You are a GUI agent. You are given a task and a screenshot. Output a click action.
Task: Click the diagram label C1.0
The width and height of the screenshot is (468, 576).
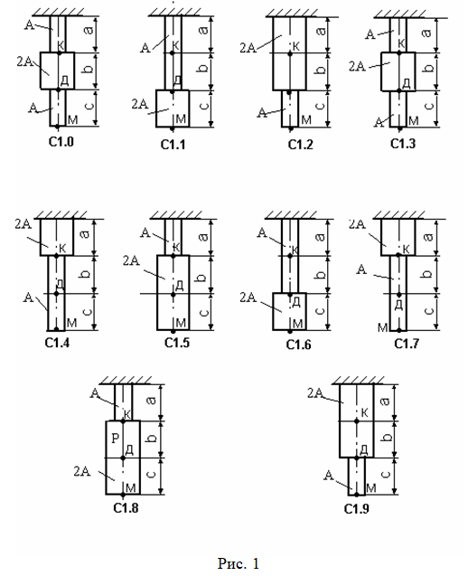tap(61, 141)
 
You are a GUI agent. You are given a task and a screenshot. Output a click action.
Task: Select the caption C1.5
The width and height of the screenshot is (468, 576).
tap(177, 343)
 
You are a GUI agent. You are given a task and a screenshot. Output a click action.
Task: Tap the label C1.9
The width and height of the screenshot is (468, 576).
tap(356, 509)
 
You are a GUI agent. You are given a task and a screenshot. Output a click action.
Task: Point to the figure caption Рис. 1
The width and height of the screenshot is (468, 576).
tap(239, 563)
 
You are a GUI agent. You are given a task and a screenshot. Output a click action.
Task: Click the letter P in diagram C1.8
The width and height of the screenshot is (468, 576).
tap(116, 438)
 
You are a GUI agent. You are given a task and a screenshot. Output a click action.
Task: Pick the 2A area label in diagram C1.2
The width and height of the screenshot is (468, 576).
tap(248, 48)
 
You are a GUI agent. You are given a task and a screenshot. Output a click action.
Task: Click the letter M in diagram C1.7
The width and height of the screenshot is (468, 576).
tap(382, 327)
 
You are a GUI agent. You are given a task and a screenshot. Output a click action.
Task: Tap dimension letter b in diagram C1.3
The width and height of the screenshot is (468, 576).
tap(428, 68)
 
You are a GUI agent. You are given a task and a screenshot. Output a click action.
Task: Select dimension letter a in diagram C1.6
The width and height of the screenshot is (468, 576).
tap(320, 237)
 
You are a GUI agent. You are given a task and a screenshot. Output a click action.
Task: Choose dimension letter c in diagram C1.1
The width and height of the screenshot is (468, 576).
tap(204, 106)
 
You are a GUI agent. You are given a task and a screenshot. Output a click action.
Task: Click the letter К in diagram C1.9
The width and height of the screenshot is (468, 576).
tap(364, 412)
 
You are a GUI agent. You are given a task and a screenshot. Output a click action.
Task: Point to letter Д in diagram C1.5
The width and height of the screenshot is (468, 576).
tap(180, 285)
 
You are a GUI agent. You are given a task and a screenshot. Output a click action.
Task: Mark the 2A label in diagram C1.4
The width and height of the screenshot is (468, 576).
tap(23, 223)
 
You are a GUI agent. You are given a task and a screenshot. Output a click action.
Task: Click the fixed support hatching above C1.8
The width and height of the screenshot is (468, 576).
tap(126, 380)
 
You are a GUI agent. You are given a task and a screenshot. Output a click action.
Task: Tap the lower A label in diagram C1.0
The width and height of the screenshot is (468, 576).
tap(33, 108)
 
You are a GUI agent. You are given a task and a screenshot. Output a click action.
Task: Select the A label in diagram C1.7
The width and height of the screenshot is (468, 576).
tap(361, 269)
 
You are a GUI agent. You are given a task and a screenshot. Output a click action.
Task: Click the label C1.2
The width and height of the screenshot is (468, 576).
tap(300, 145)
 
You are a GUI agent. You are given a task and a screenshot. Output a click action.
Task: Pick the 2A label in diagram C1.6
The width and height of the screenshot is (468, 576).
tap(248, 297)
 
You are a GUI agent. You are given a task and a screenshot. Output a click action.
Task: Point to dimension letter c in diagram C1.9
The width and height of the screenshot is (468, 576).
tap(386, 474)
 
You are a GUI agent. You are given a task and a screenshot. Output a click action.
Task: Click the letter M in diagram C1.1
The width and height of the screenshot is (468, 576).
tap(181, 119)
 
